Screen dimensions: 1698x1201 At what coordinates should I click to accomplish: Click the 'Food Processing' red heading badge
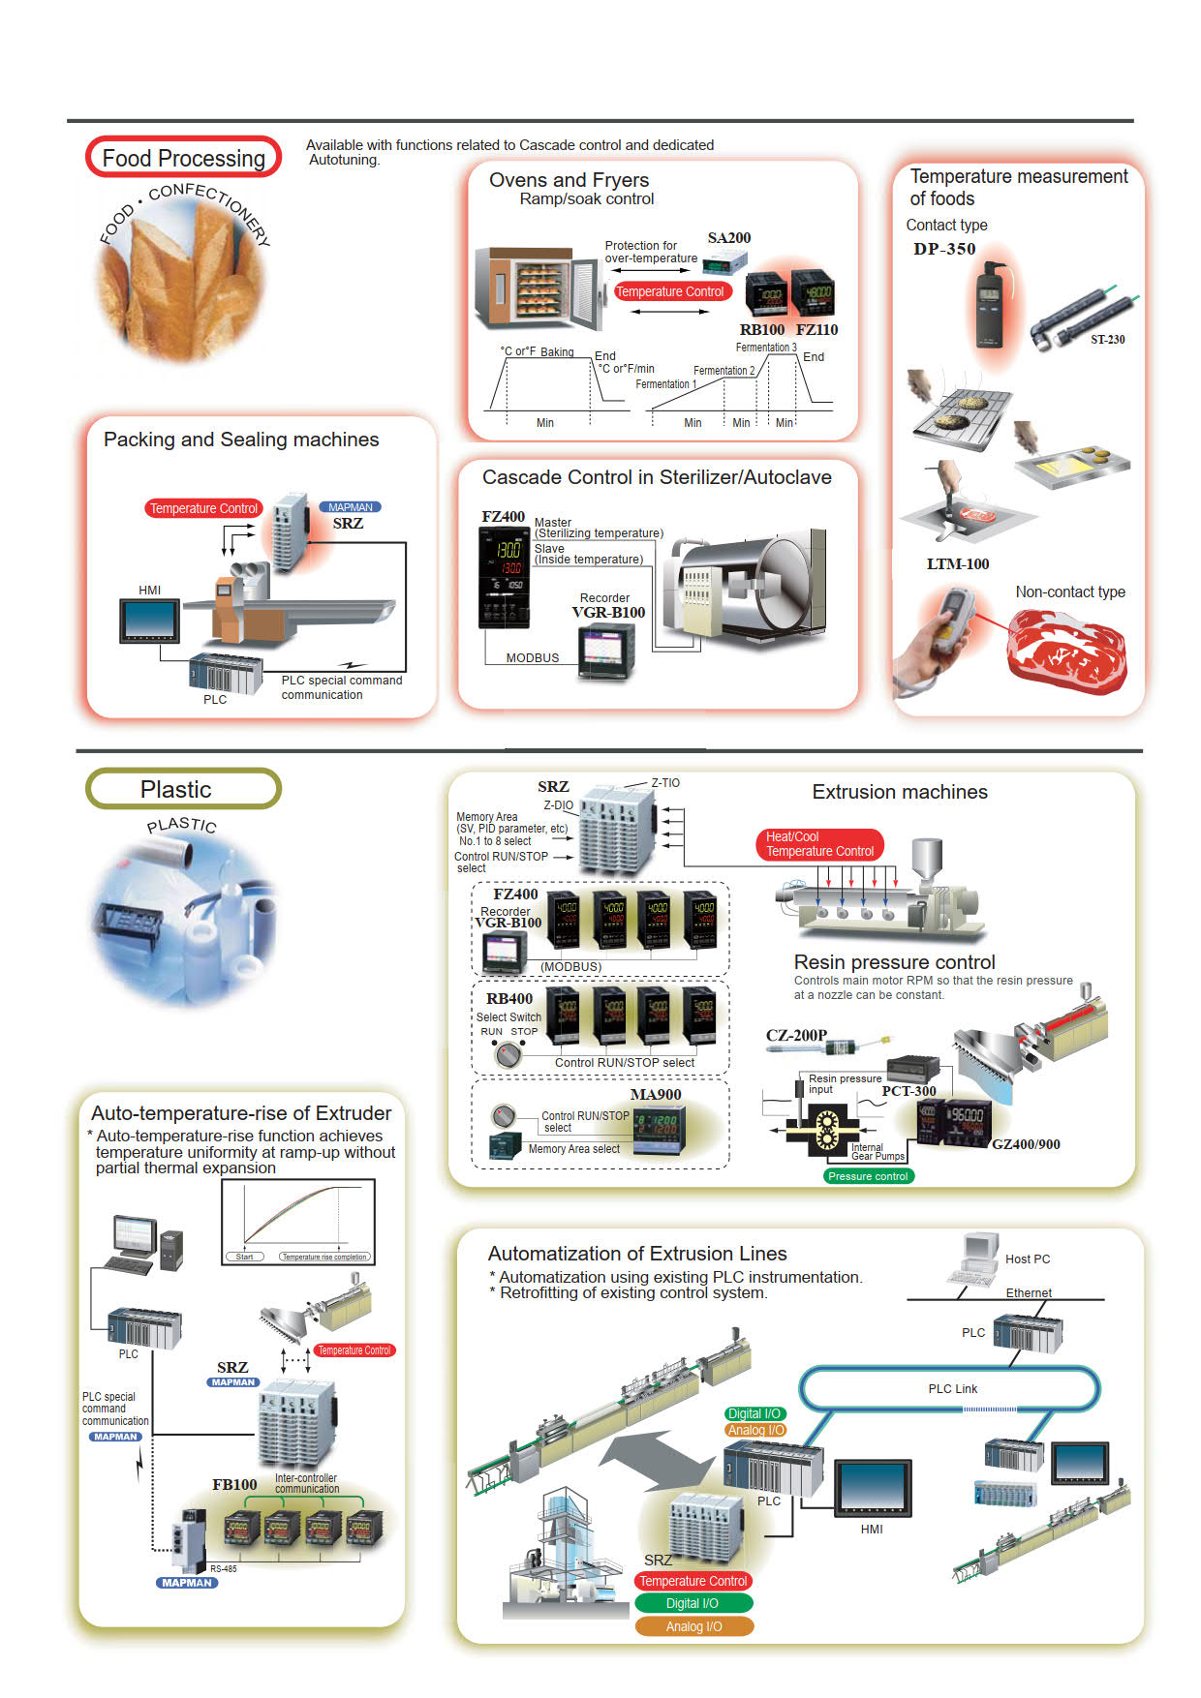[x=184, y=158]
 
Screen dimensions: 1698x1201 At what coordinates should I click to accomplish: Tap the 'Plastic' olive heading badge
[x=183, y=789]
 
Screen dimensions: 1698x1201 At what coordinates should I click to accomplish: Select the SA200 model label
[x=728, y=238]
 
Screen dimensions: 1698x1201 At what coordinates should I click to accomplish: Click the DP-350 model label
[x=943, y=249]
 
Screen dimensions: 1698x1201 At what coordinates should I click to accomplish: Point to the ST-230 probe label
[x=1107, y=340]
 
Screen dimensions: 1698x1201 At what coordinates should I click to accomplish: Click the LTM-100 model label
[x=957, y=564]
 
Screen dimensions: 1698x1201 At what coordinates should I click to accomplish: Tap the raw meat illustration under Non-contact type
[x=1066, y=649]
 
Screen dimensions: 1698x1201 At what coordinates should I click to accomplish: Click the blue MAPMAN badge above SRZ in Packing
[x=350, y=507]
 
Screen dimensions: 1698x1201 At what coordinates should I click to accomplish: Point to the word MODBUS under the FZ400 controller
[x=533, y=658]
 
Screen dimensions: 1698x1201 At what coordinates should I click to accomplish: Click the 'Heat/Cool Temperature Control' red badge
[x=819, y=844]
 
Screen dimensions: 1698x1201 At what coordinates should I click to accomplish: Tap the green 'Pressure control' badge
[x=868, y=1176]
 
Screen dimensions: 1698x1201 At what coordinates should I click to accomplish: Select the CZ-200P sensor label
[x=796, y=1035]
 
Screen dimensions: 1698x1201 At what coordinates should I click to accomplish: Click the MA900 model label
[x=656, y=1095]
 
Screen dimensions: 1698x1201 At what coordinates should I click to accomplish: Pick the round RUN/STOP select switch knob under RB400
[x=507, y=1055]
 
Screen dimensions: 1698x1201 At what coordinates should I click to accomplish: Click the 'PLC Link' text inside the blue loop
[x=952, y=1388]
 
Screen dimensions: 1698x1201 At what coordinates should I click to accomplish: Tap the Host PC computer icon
[x=977, y=1258]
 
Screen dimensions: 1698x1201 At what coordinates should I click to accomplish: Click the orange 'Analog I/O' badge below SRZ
[x=693, y=1626]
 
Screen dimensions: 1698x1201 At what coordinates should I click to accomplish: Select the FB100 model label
[x=234, y=1484]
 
